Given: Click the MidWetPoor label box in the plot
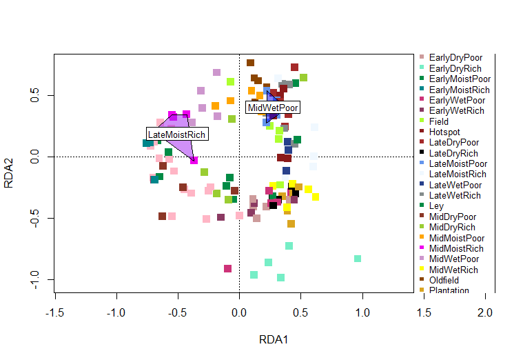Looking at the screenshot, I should click(x=273, y=108).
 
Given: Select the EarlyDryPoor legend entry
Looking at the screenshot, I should click(x=455, y=58).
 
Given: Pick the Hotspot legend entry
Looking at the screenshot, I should click(x=444, y=132).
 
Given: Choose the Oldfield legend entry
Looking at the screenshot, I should click(x=445, y=280).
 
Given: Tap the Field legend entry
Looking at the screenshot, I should click(x=439, y=121).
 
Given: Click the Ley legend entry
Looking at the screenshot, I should click(x=436, y=206).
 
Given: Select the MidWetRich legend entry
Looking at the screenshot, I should click(x=451, y=270).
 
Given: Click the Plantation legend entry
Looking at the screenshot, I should click(x=449, y=290).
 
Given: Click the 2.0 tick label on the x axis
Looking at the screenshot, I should click(x=485, y=312).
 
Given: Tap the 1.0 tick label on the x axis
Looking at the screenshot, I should click(x=362, y=312).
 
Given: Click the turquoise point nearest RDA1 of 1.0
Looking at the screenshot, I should click(x=358, y=259).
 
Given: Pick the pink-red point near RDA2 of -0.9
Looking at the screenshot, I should click(x=227, y=269).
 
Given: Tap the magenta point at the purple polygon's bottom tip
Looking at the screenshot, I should click(x=194, y=160).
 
